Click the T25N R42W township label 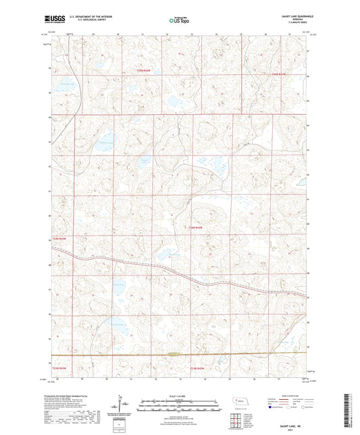pos(279,74)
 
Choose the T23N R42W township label pos(199,368)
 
